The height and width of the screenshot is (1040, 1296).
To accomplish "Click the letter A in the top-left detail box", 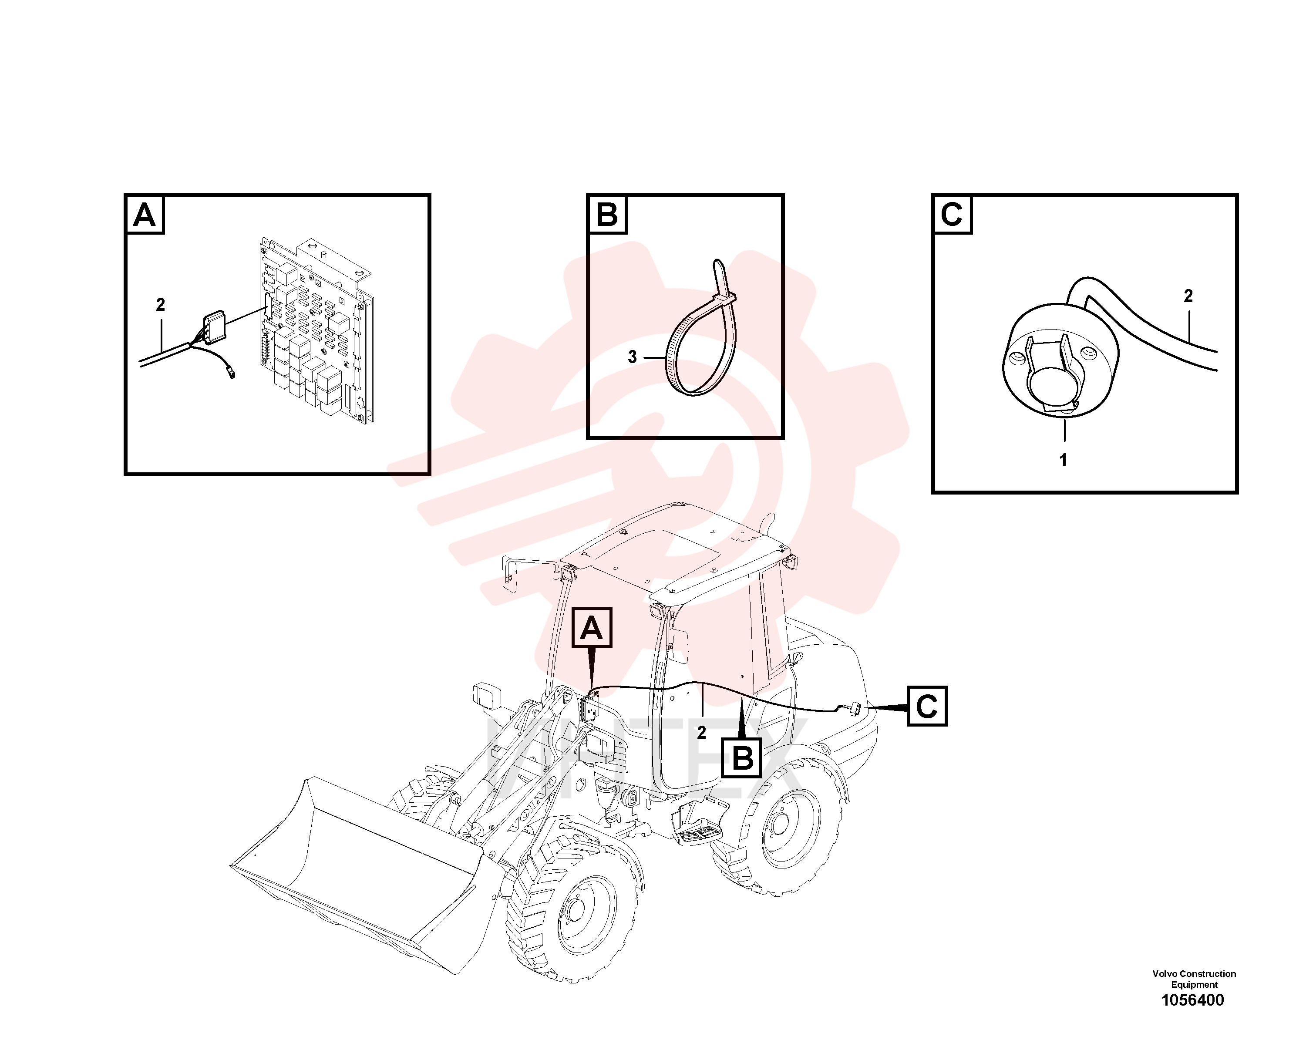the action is pos(144,215).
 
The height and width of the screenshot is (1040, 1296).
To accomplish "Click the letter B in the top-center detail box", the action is pos(606,215).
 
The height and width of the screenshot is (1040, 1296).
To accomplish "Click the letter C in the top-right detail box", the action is pos(952,215).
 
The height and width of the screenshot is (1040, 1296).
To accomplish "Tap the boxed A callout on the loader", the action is pos(592,628).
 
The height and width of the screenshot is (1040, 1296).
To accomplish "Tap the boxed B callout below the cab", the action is pos(743,758).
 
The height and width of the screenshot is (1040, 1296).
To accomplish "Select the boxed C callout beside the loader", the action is pos(927,706).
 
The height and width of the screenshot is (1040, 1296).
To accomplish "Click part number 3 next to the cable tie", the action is pos(632,357).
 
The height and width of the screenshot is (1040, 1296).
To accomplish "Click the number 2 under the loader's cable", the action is pos(701,732).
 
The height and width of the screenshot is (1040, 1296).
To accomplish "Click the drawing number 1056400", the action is pos(1193,1000).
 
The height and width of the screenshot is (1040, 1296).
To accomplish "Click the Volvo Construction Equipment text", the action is pos(1194,979).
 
